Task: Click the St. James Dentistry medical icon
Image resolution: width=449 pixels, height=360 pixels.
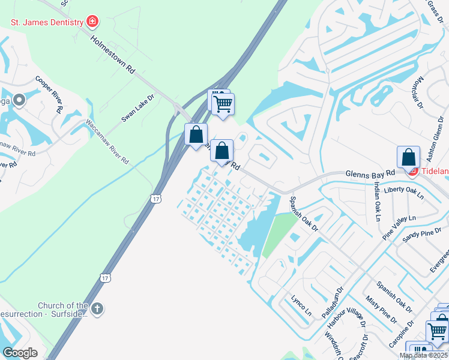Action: (x=92, y=23)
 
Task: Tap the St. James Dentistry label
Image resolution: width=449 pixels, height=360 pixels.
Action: (x=47, y=23)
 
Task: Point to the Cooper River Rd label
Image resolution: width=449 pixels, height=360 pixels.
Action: (x=49, y=94)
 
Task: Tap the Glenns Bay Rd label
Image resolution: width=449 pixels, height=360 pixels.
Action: (x=370, y=173)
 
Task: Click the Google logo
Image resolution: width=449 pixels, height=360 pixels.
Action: (x=20, y=353)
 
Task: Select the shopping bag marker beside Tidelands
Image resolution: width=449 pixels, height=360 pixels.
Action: (x=408, y=158)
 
